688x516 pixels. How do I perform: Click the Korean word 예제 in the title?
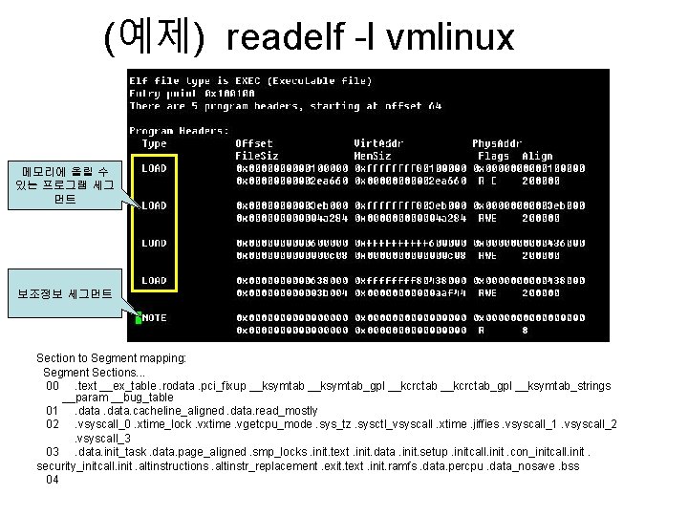(153, 37)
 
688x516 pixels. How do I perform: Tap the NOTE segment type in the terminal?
(154, 317)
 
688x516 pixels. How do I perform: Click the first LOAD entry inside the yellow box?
(154, 169)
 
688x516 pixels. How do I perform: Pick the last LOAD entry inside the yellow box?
(154, 280)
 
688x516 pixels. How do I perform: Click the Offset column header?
(254, 143)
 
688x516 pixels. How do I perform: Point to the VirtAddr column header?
(376, 143)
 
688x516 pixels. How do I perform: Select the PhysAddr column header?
(494, 143)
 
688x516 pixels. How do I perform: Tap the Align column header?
(537, 156)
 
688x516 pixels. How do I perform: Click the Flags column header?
(493, 156)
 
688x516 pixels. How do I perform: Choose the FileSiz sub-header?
(257, 156)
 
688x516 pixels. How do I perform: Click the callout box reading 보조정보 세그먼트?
(65, 295)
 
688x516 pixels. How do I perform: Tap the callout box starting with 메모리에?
(65, 185)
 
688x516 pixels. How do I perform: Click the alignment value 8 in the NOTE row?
(525, 330)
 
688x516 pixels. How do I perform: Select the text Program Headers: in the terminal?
(179, 131)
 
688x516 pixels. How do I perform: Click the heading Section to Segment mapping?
(111, 357)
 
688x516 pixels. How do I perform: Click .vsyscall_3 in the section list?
(104, 438)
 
